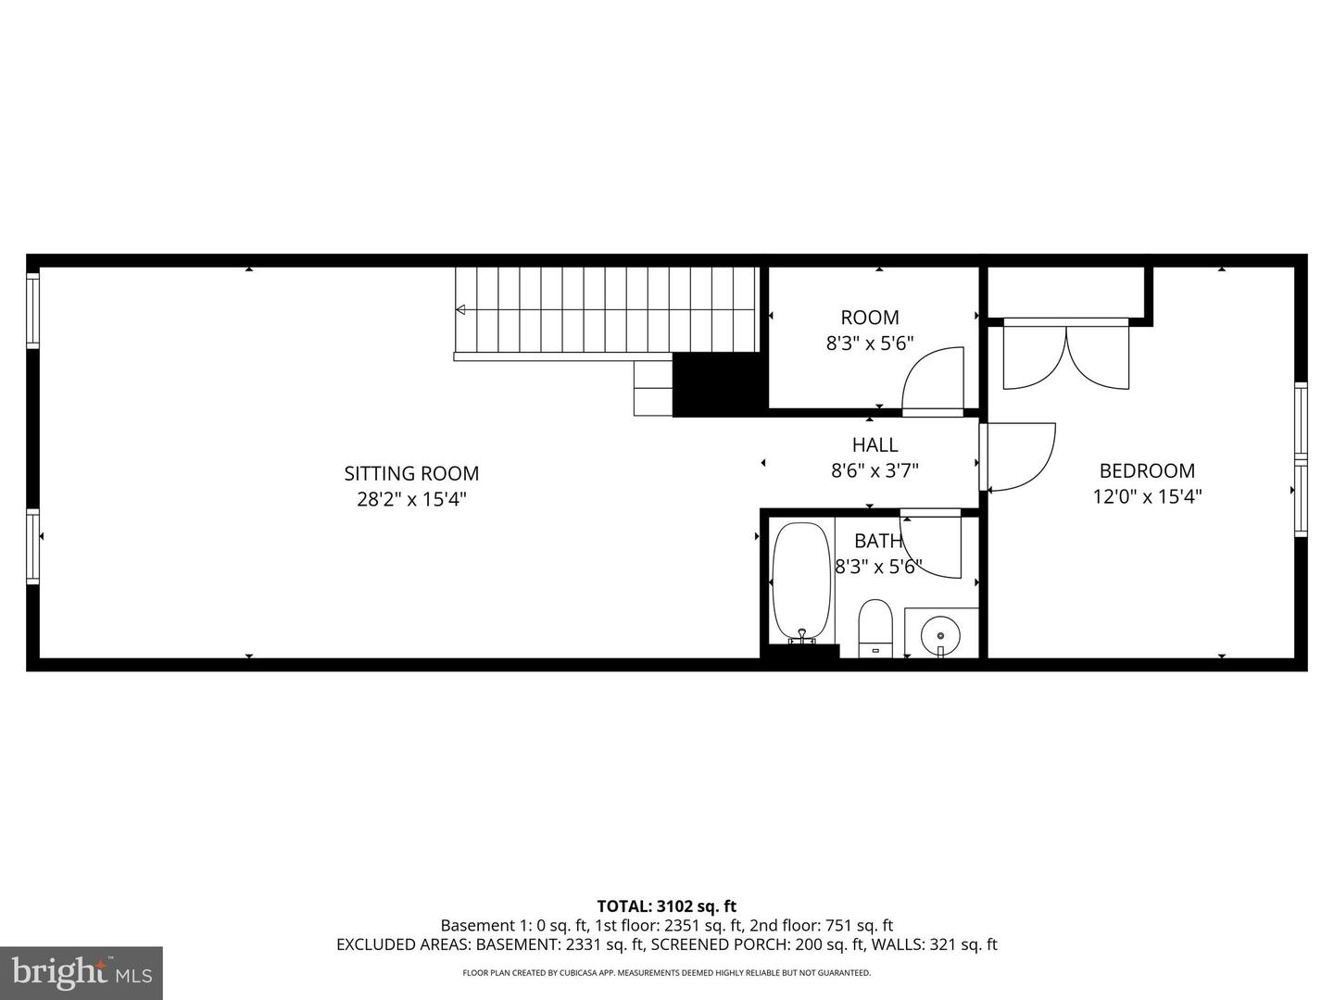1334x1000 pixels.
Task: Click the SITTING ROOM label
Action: click(411, 473)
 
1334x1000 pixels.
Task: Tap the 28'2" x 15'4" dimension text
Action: click(411, 499)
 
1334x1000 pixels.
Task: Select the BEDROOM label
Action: click(1147, 470)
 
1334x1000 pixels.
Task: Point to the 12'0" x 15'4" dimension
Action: click(1147, 496)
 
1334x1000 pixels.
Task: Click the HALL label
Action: click(875, 444)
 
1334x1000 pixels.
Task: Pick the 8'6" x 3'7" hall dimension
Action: click(875, 470)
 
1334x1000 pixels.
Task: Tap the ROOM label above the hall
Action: click(870, 318)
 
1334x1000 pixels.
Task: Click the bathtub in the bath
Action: click(801, 581)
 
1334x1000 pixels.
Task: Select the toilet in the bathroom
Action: click(875, 627)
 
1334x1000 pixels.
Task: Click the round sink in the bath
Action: click(940, 635)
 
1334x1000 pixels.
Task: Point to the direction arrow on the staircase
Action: click(460, 310)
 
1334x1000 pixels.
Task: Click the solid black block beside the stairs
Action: click(719, 383)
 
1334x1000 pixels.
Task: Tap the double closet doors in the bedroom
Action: click(1066, 356)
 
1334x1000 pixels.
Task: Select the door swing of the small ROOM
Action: click(934, 379)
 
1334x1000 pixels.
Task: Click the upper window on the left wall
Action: click(33, 310)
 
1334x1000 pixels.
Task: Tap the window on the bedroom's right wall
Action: click(1301, 459)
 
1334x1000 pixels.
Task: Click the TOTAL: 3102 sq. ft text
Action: click(666, 906)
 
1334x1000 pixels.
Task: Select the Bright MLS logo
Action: click(82, 972)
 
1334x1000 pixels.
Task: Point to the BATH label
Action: click(877, 541)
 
